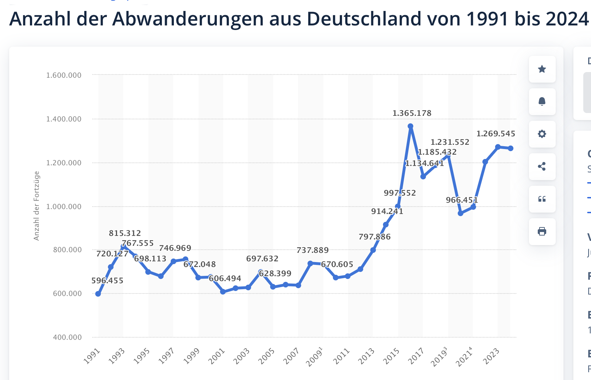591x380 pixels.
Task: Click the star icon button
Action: pyautogui.click(x=542, y=69)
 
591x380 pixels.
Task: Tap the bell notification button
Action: pyautogui.click(x=542, y=102)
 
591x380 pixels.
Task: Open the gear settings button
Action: pyautogui.click(x=542, y=134)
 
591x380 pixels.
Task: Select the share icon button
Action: pyautogui.click(x=542, y=167)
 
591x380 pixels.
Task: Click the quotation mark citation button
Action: pyautogui.click(x=542, y=199)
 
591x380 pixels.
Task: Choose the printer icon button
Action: pyautogui.click(x=542, y=232)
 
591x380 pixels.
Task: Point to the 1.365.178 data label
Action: pyautogui.click(x=412, y=113)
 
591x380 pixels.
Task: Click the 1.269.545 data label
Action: pyautogui.click(x=495, y=134)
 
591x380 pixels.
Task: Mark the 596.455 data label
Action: pyautogui.click(x=107, y=281)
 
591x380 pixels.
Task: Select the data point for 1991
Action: pyautogui.click(x=98, y=294)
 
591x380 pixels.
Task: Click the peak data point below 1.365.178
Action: pyautogui.click(x=410, y=126)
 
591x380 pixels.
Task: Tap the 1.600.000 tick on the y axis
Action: pyautogui.click(x=64, y=75)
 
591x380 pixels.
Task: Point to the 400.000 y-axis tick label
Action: pyautogui.click(x=67, y=337)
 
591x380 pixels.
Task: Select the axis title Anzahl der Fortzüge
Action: pyautogui.click(x=37, y=206)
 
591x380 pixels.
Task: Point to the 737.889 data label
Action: pyautogui.click(x=312, y=250)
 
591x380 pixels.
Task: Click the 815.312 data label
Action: pyautogui.click(x=125, y=233)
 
